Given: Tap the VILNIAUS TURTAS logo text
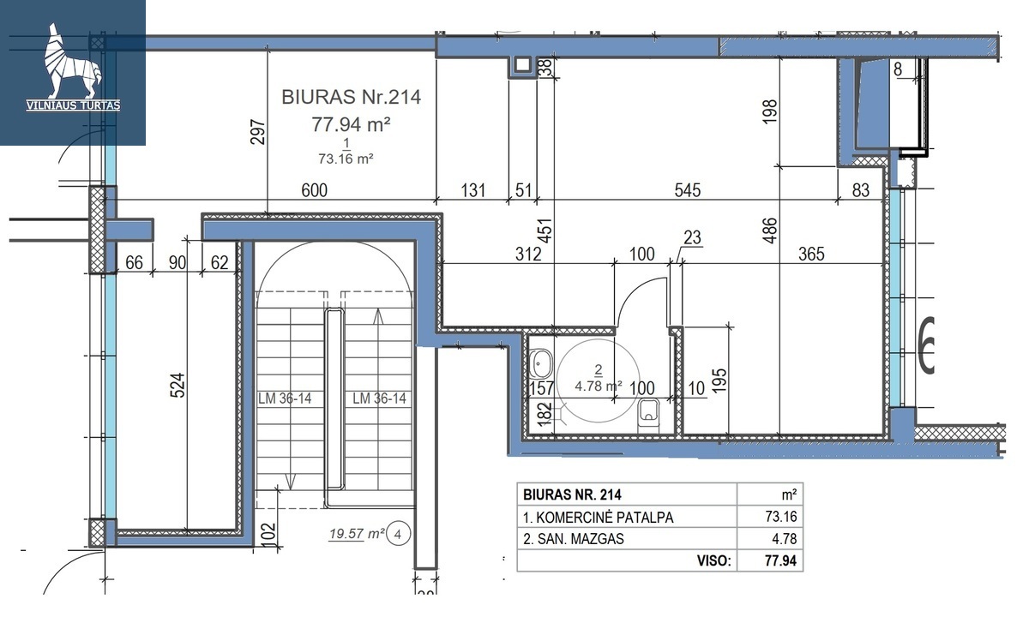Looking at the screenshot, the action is [74, 105].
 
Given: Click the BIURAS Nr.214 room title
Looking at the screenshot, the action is [351, 98].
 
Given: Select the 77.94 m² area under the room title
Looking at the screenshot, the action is [351, 124].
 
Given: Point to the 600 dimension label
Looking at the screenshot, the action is [314, 190].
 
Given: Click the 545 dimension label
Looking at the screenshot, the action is [687, 190].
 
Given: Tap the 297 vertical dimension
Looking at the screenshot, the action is [258, 132].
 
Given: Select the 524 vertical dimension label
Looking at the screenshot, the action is [178, 385].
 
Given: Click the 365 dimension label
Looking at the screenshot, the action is [811, 254].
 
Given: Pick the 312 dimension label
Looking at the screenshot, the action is [528, 254].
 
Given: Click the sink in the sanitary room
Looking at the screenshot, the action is [541, 364].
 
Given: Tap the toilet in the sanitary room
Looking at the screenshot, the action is [648, 416].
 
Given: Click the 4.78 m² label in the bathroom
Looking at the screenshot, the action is [599, 386].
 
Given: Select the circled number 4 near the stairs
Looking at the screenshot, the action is [398, 534].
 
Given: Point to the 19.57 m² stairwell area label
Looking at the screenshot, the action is [357, 534].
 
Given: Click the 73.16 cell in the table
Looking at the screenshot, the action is [781, 517].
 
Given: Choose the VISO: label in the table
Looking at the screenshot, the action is [713, 560].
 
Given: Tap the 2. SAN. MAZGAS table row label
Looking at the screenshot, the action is [574, 538].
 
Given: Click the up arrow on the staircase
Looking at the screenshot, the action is [378, 317].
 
